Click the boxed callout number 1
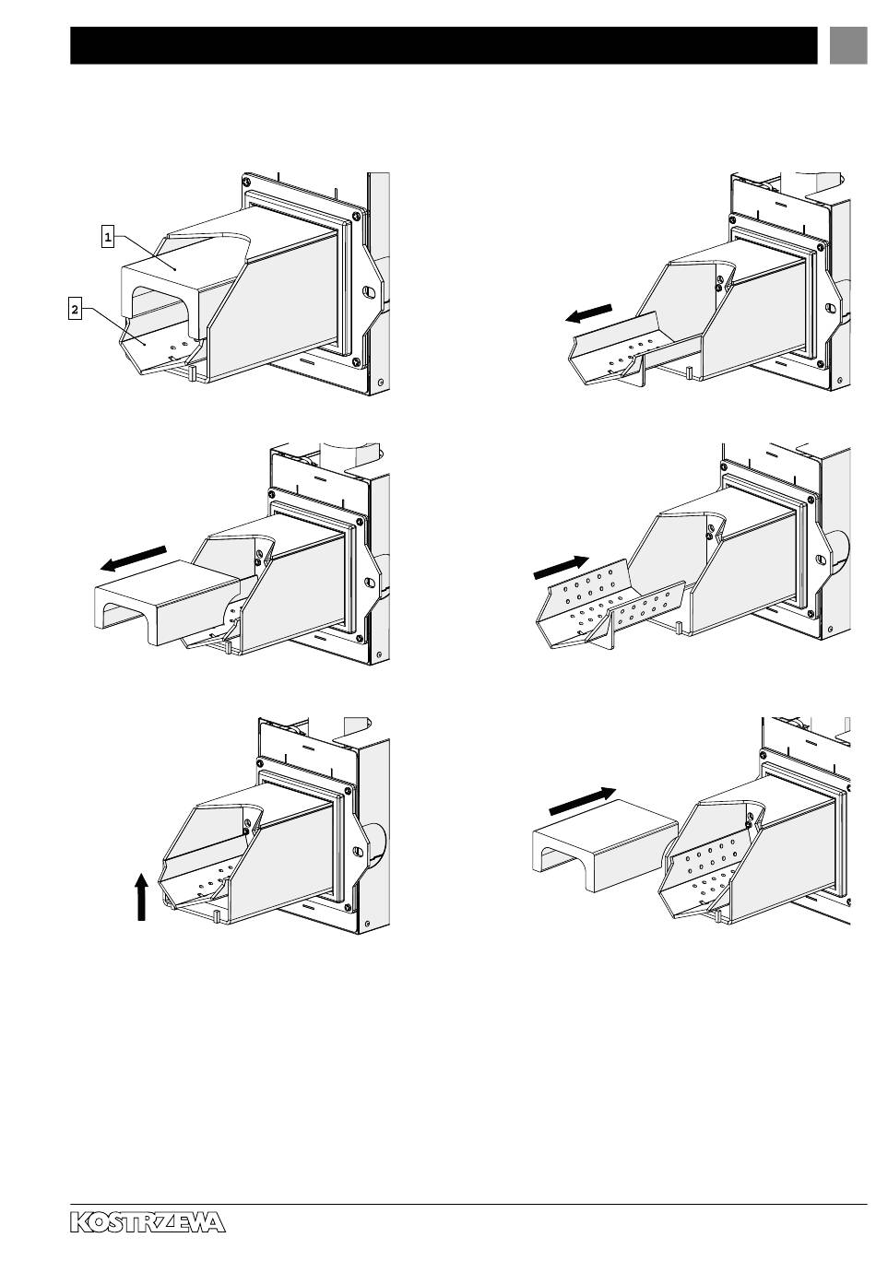[x=108, y=237]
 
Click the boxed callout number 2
[x=75, y=310]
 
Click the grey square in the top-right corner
[x=847, y=45]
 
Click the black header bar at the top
[x=444, y=45]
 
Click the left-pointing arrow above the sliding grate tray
[x=587, y=313]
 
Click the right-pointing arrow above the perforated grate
[x=561, y=568]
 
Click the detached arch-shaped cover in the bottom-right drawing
[x=605, y=844]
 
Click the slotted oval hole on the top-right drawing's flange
[x=830, y=309]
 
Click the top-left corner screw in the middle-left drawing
[x=273, y=494]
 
